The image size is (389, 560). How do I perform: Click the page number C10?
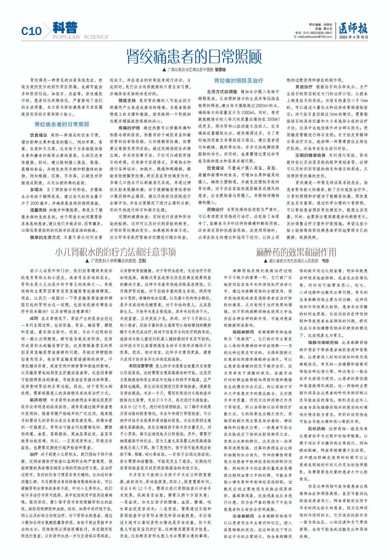coord(31,31)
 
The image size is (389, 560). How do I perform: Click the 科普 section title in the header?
coord(65,28)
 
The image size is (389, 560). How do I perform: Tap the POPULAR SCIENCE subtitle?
coord(80,37)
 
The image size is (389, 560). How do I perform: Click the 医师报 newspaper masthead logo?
coord(353,28)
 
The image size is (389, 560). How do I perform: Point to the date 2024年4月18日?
coord(354,37)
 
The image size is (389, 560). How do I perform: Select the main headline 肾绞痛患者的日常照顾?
coord(194,56)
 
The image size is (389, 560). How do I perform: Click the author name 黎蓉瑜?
coord(220,70)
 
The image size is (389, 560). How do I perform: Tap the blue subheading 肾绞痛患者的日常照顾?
coord(62,124)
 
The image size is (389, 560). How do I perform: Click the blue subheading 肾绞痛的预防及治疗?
coord(239,80)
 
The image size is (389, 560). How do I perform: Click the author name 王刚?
coord(142,261)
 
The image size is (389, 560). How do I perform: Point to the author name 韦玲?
coord(325,261)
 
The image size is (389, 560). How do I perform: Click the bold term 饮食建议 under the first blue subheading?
coord(38,135)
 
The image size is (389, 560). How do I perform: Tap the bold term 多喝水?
coord(36,190)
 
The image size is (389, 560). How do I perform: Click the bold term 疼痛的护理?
coord(129,128)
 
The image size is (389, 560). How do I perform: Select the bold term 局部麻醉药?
coord(243,332)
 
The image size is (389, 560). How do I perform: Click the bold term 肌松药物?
coord(317,429)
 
